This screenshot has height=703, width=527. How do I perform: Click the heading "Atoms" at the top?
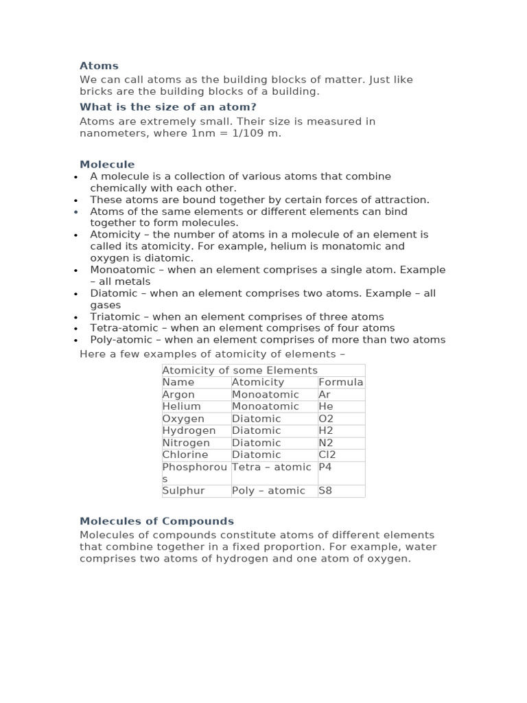point(99,66)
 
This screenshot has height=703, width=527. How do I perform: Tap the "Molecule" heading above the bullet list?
point(107,165)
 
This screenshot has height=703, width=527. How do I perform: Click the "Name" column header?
point(178,382)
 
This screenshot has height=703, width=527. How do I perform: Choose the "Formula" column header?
point(340,382)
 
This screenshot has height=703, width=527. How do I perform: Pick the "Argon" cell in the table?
point(178,395)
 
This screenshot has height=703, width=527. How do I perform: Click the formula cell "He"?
point(326,406)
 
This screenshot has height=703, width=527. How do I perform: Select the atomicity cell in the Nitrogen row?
point(256,443)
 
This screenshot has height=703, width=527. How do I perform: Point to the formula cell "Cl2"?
point(327,454)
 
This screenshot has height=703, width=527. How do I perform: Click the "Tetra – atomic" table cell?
point(271,468)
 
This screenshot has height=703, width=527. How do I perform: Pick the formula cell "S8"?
point(325,491)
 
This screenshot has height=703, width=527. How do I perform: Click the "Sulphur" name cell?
point(183,491)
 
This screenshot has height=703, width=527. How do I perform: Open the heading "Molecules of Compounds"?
point(156,521)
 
